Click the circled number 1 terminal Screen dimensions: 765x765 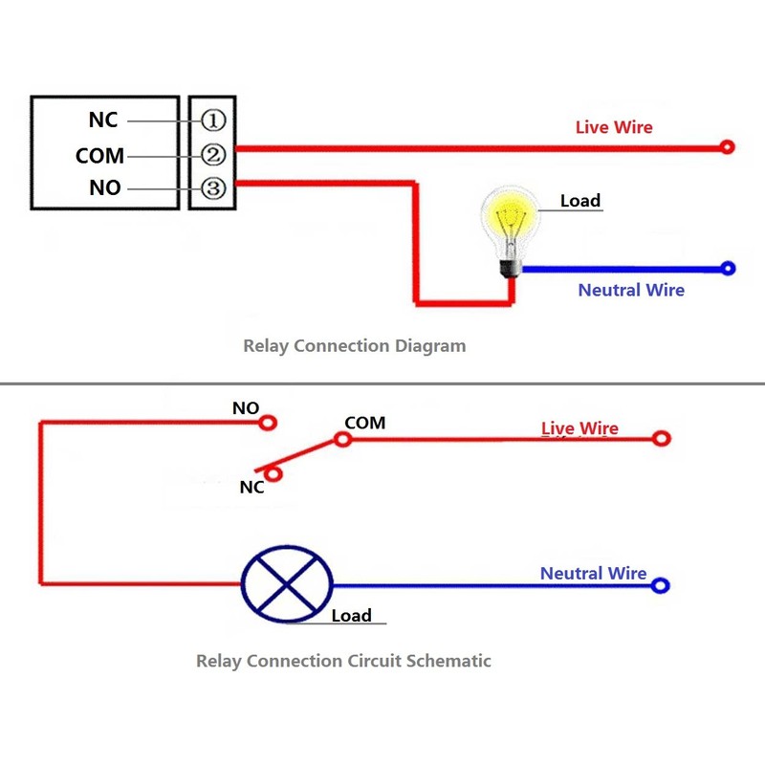[x=212, y=120]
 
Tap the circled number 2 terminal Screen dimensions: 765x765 [x=212, y=155]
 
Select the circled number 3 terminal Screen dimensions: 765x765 [x=212, y=188]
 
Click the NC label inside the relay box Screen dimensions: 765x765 [x=103, y=120]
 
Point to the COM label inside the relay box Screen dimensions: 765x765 [x=99, y=155]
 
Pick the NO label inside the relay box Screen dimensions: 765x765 [x=105, y=188]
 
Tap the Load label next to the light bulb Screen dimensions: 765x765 [x=579, y=201]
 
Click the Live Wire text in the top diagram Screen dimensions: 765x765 [x=613, y=127]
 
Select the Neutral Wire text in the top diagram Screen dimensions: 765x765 [x=631, y=290]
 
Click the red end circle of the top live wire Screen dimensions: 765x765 [x=728, y=147]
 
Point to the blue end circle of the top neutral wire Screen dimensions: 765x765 [x=728, y=269]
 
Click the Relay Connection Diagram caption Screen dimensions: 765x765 [x=354, y=346]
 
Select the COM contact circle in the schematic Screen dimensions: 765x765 [x=341, y=440]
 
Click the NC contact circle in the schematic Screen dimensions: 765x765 [x=274, y=471]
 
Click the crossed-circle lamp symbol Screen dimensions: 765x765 [x=286, y=586]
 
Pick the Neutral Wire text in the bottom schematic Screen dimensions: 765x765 [x=593, y=574]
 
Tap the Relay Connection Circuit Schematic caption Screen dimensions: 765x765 [x=343, y=661]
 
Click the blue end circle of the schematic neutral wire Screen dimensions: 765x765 [x=660, y=586]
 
